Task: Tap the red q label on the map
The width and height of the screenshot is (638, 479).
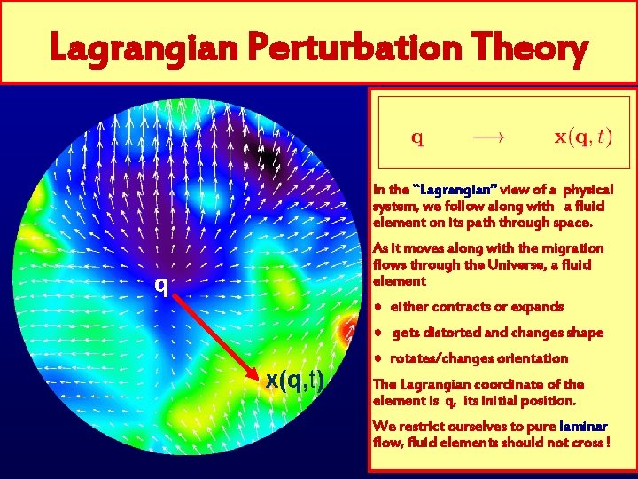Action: pyautogui.click(x=160, y=286)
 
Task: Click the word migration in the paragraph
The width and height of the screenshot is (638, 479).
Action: pyautogui.click(x=572, y=248)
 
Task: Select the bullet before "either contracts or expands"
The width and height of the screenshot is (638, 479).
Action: pyautogui.click(x=378, y=306)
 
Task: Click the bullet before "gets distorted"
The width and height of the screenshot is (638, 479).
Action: pyautogui.click(x=378, y=333)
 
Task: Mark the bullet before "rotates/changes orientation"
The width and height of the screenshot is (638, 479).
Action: pyautogui.click(x=378, y=358)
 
